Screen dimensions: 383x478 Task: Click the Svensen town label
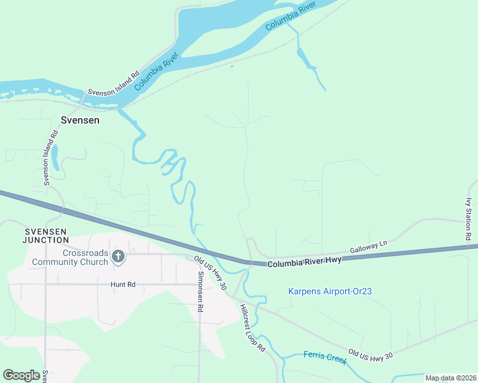click(x=79, y=119)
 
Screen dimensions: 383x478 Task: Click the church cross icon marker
click(x=118, y=257)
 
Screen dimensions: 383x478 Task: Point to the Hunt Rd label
click(x=123, y=285)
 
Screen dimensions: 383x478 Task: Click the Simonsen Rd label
click(x=200, y=291)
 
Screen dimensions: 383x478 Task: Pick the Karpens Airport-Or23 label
click(x=330, y=292)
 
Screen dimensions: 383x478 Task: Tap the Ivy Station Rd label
click(x=468, y=219)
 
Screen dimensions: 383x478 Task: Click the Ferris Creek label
click(x=325, y=357)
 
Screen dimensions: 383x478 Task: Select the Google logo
click(x=21, y=375)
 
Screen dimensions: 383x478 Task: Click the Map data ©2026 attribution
click(x=451, y=378)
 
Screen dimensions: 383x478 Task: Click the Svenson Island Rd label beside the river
click(x=114, y=84)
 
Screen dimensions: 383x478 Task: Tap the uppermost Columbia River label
click(x=291, y=16)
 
